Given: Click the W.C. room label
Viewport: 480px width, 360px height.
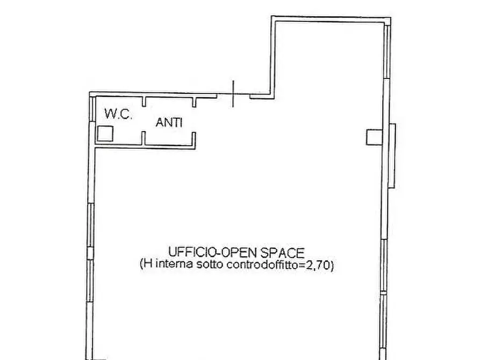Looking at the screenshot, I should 118,113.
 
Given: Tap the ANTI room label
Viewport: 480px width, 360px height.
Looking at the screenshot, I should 169,123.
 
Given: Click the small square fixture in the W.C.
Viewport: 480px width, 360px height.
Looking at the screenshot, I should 105,133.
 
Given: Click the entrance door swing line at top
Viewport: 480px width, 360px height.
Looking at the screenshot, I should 233,94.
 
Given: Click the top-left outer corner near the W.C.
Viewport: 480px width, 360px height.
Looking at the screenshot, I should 90,93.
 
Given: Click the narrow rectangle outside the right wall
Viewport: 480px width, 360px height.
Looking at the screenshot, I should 392,156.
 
